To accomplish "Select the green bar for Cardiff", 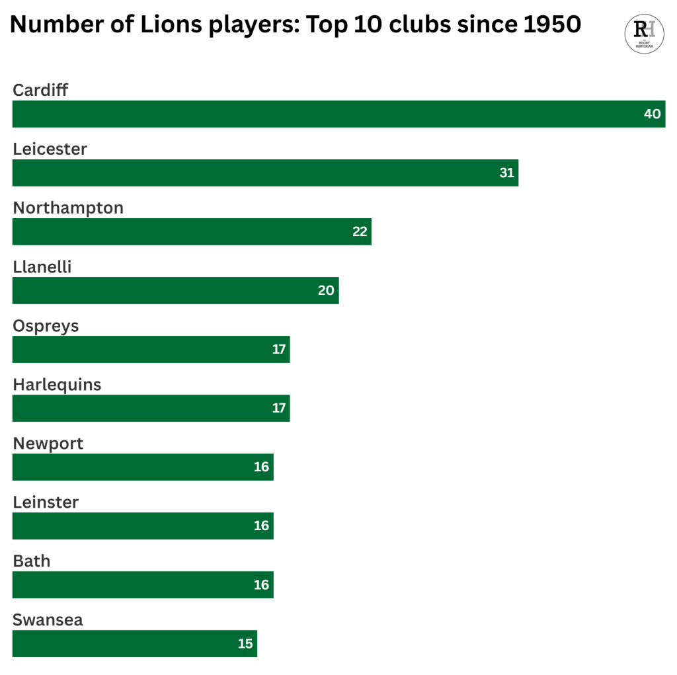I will pos(331,114).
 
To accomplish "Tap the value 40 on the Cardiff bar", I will pos(652,114).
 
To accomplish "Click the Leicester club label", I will pos(50,149).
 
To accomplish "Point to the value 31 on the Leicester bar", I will pos(506,173).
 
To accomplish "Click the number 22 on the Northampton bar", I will pos(360,231).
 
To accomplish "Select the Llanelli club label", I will pos(42,267).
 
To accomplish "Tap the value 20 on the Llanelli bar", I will pos(326,290).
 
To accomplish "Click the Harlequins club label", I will pos(57,385).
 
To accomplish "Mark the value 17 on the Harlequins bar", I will pos(279,408).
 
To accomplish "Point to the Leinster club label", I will pos(46,502).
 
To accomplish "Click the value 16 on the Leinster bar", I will pos(261,526).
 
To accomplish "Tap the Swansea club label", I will pos(48,620).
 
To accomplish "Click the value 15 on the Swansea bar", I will pos(245,643).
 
